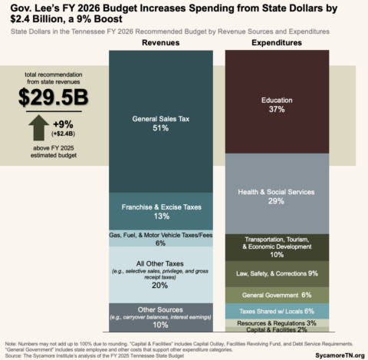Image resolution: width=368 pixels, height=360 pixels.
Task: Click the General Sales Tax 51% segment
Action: pos(161,123)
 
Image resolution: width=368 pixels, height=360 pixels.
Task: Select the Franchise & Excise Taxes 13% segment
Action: pos(161,211)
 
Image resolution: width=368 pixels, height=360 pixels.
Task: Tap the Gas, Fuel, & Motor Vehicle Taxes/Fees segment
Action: pos(161,238)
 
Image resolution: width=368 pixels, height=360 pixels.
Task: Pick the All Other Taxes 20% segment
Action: pos(161,274)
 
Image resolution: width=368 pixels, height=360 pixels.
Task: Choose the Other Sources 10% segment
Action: pos(161,317)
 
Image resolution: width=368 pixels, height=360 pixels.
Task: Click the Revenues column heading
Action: pos(161,43)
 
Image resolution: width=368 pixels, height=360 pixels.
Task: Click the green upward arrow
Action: pos(36,126)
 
